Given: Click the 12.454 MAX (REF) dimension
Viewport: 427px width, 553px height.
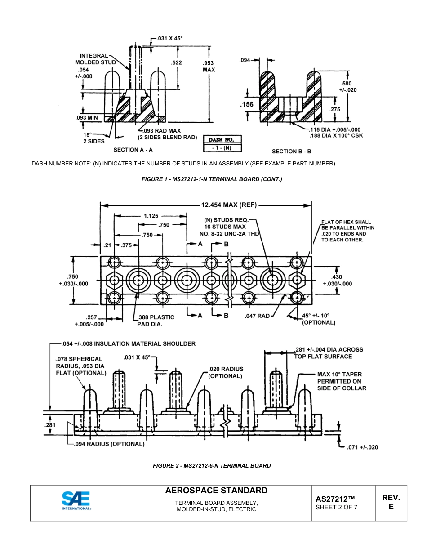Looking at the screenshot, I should [x=229, y=205].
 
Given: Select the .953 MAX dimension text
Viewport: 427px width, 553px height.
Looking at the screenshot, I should [x=209, y=67].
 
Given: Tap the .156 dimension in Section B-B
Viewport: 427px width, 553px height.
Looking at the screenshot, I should [x=247, y=104].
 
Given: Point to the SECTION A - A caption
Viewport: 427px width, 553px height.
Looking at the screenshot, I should [x=133, y=150].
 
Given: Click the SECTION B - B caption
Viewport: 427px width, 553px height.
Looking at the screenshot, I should [x=291, y=152].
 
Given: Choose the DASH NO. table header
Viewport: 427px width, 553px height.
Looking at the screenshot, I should [x=222, y=140].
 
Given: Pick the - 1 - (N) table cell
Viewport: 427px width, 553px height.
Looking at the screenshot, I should [x=222, y=147].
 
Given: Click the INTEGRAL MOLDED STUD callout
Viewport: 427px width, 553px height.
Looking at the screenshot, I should [x=95, y=59].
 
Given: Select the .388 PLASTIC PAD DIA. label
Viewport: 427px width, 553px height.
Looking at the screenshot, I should [x=156, y=320].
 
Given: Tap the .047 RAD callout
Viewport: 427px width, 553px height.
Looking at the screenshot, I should [x=257, y=316].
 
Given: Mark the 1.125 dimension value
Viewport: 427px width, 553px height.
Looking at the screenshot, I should [x=151, y=216].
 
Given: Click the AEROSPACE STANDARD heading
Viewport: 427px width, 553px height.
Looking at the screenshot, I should [x=216, y=491].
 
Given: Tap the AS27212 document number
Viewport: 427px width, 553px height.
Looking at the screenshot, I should [x=335, y=499].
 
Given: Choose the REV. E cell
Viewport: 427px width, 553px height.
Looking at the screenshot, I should [x=391, y=502].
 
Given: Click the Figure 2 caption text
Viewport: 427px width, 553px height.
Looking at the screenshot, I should [x=212, y=465].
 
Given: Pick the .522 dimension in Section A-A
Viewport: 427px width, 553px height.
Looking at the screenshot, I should [x=177, y=63].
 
